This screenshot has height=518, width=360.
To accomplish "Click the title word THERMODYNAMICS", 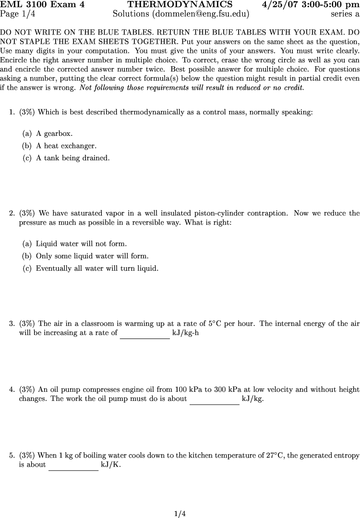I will point(180,5).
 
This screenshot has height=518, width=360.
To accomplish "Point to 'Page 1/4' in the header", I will point(18,14).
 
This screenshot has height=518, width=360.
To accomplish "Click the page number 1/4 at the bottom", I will point(180,514).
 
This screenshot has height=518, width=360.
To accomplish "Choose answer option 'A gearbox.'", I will point(54,134).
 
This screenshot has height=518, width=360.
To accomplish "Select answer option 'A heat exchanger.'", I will point(66,146).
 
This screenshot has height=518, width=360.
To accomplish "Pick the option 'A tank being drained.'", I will point(72,158).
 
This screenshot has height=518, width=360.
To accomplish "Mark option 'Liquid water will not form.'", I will point(81,244).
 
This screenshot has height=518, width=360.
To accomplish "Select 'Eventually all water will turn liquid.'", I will point(97,268).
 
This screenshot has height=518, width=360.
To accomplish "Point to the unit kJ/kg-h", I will point(185,333).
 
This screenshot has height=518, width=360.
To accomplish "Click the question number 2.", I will point(12,213).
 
